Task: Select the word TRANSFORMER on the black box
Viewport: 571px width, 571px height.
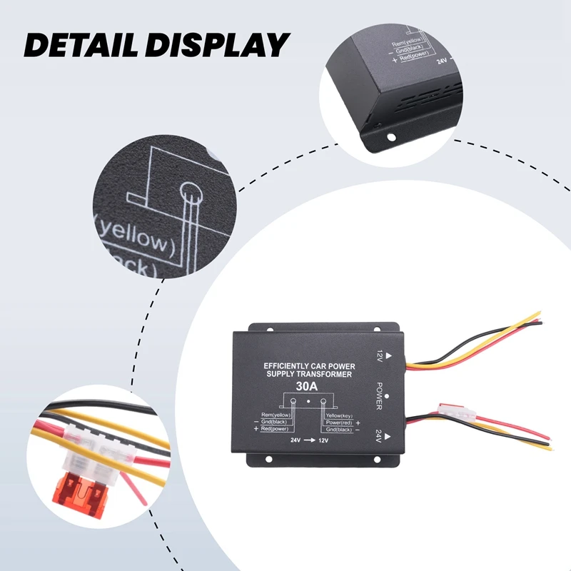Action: (330, 374)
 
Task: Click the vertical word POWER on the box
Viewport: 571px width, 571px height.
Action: (380, 395)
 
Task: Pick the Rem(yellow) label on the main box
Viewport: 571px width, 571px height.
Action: (278, 415)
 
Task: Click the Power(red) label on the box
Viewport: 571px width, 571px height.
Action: (340, 422)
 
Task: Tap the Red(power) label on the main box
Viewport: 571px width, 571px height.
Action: (275, 429)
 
